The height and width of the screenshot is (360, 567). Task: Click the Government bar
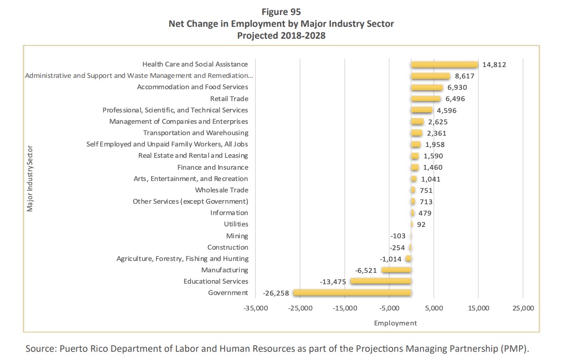click(352, 293)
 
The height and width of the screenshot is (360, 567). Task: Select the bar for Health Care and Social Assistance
click(444, 64)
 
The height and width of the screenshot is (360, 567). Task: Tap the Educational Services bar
click(381, 281)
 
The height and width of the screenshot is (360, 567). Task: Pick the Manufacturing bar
click(397, 270)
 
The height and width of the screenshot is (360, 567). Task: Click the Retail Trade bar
click(426, 99)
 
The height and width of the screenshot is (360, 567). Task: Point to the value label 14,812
click(494, 64)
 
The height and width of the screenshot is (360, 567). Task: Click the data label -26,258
click(276, 293)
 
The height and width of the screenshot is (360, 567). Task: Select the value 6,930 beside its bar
click(457, 88)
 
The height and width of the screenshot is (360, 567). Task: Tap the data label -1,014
click(391, 259)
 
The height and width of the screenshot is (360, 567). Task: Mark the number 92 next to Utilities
click(422, 224)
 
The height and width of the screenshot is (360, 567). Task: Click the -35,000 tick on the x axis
click(256, 308)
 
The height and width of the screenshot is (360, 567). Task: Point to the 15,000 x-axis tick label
click(478, 308)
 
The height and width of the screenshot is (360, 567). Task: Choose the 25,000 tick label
click(523, 308)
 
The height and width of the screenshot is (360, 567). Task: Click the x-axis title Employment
click(395, 323)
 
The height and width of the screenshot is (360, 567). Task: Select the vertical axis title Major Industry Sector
click(29, 178)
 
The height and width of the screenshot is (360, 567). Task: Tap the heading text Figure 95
click(281, 12)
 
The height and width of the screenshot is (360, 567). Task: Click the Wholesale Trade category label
click(222, 190)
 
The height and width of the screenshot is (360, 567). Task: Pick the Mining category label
click(237, 236)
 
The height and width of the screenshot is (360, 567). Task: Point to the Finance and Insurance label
click(213, 167)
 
